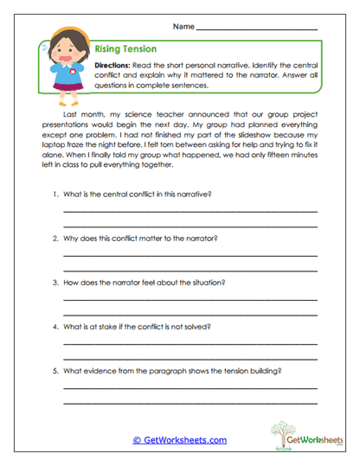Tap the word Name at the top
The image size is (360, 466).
pyautogui.click(x=183, y=27)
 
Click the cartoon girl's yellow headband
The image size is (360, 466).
pyautogui.click(x=63, y=39)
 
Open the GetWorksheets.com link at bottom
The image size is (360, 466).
pyautogui.click(x=179, y=440)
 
